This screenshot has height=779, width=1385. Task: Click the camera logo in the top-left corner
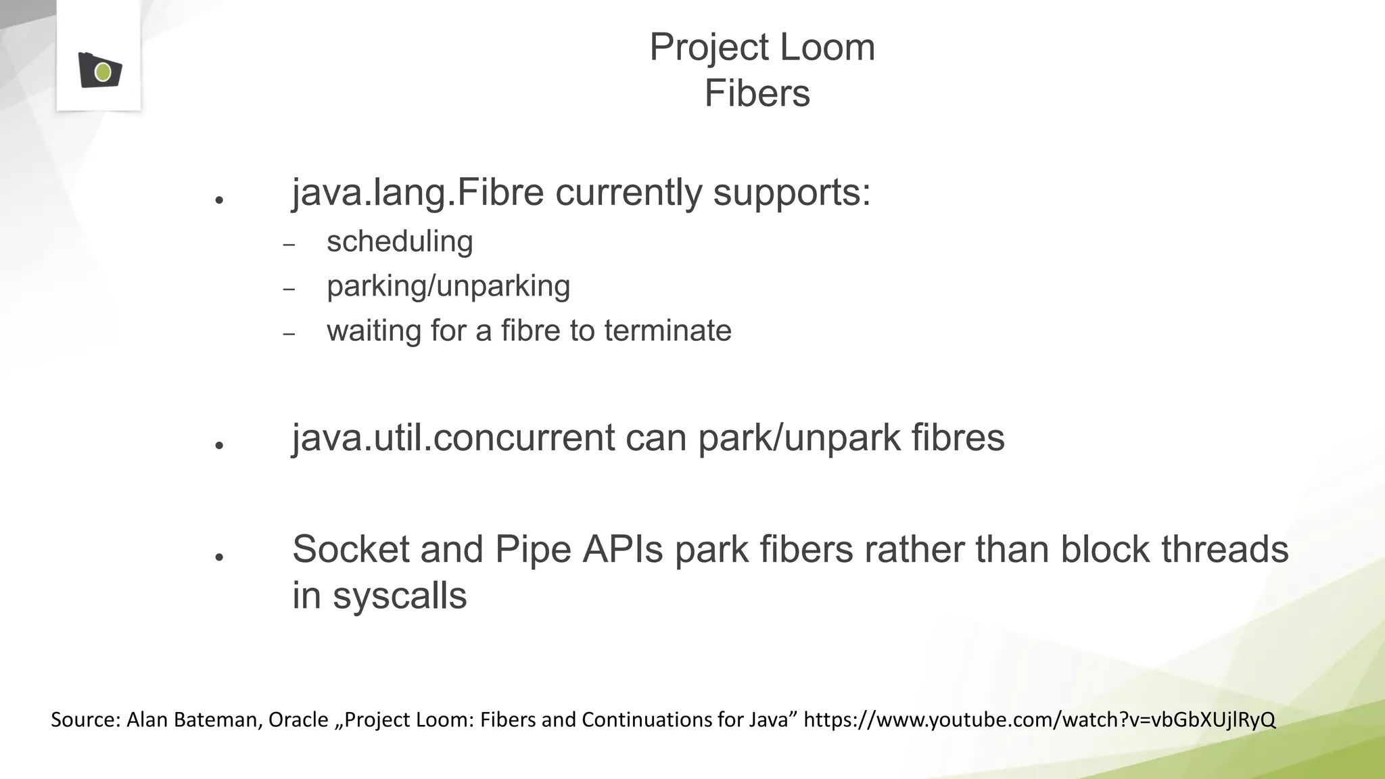[100, 70]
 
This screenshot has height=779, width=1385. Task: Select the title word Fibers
[757, 93]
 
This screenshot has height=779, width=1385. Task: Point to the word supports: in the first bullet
[792, 193]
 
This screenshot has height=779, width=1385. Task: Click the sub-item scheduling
[400, 242]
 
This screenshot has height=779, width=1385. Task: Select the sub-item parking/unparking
[448, 287]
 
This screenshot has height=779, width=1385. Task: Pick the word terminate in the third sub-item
[667, 331]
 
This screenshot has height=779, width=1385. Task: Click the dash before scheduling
[289, 245]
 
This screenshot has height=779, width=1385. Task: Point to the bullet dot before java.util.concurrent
[219, 445]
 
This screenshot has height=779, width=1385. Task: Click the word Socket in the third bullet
[350, 549]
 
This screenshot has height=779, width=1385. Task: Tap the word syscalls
[399, 596]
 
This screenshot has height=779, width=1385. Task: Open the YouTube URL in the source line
[1039, 720]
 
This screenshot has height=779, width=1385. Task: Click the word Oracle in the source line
[298, 720]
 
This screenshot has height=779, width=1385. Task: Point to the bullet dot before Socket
[219, 557]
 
